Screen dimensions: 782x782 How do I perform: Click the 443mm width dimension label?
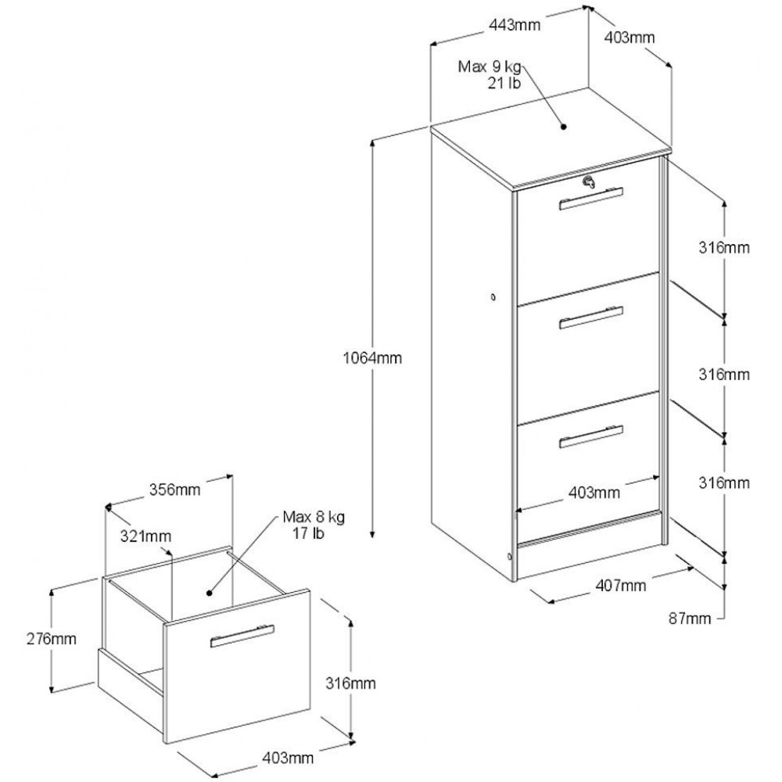point(516,25)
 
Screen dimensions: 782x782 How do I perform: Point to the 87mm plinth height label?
point(690,619)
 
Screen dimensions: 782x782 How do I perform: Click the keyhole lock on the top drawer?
point(590,182)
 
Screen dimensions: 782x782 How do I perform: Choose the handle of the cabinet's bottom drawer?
point(592,436)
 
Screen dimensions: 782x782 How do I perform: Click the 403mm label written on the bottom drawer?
point(594,493)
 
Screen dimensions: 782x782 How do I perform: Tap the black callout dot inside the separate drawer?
point(210,594)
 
